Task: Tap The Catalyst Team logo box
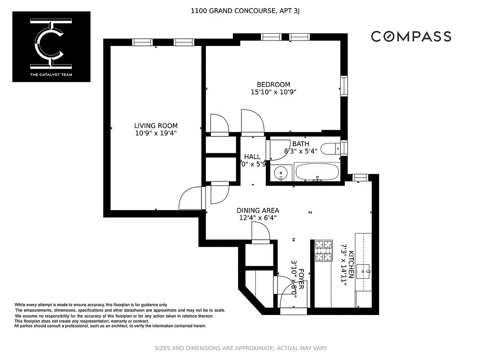[x=51, y=47]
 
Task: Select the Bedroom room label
[x=273, y=84]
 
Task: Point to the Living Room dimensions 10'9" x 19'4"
[x=156, y=133]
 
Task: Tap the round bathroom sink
[x=281, y=172]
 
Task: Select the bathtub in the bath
[x=317, y=172]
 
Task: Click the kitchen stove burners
[x=323, y=251]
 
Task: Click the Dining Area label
[x=258, y=210]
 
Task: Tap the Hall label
[x=252, y=157]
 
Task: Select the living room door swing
[x=189, y=198]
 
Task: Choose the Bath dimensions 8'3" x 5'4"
[x=300, y=151]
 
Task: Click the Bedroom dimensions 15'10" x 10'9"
[x=273, y=92]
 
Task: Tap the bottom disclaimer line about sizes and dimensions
[x=241, y=348]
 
